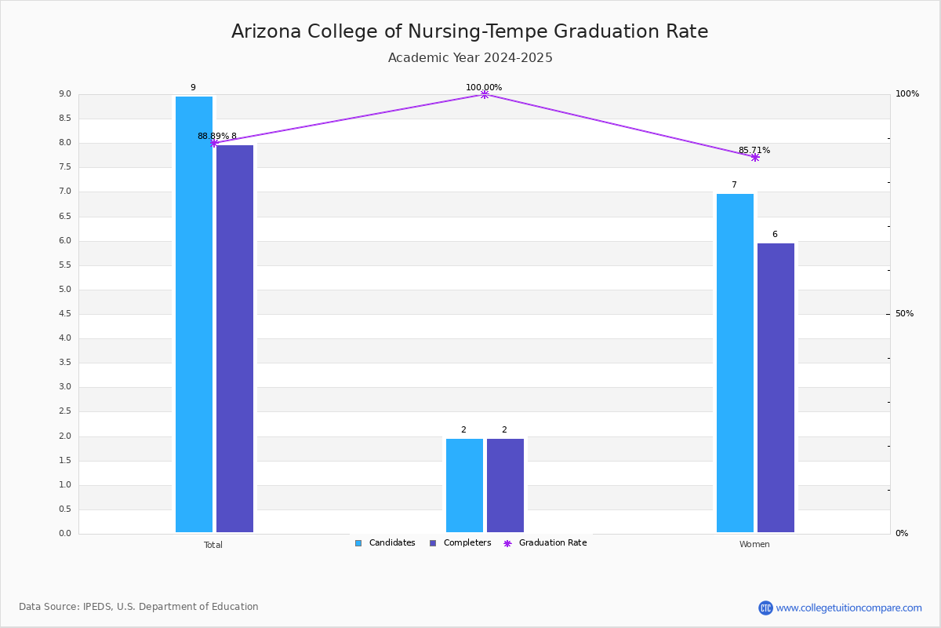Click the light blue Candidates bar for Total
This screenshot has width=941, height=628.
coord(194,314)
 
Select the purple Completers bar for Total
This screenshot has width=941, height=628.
coord(234,338)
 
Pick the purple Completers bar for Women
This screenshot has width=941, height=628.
coord(776,388)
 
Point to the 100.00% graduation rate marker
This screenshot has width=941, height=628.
coord(484,94)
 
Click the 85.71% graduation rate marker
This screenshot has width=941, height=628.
coord(754,157)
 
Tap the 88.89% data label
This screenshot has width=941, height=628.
coord(213,137)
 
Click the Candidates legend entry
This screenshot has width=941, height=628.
coord(385,543)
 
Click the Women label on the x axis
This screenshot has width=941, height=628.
coord(754,545)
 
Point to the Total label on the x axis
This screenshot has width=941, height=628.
coord(213,545)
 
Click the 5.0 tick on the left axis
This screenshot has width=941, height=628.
coord(64,290)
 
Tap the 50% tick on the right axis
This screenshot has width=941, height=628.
coord(904,314)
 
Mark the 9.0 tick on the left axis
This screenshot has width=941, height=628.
coord(64,94)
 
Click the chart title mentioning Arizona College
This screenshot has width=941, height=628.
coord(470,31)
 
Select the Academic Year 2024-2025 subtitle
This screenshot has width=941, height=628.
coord(470,58)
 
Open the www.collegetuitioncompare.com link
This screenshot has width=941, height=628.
coord(848,608)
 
